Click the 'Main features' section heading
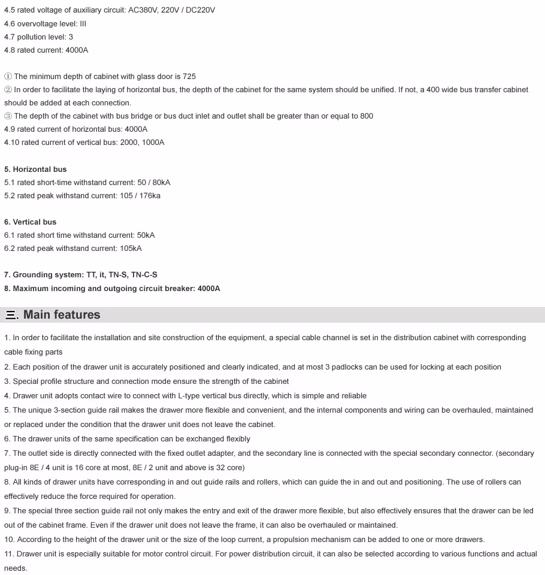pyautogui.click(x=62, y=314)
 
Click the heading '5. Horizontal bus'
pyautogui.click(x=35, y=169)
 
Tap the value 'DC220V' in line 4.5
pyautogui.click(x=201, y=10)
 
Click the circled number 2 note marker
pyautogui.click(x=8, y=90)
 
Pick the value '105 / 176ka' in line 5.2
pyautogui.click(x=140, y=195)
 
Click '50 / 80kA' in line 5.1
pyautogui.click(x=154, y=182)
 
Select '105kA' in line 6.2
pyautogui.click(x=131, y=248)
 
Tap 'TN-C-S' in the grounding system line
pyautogui.click(x=144, y=274)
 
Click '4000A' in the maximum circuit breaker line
pyautogui.click(x=208, y=288)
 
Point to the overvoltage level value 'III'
pyautogui.click(x=83, y=23)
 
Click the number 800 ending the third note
pyautogui.click(x=367, y=116)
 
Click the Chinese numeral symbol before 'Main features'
pyautogui.click(x=11, y=315)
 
